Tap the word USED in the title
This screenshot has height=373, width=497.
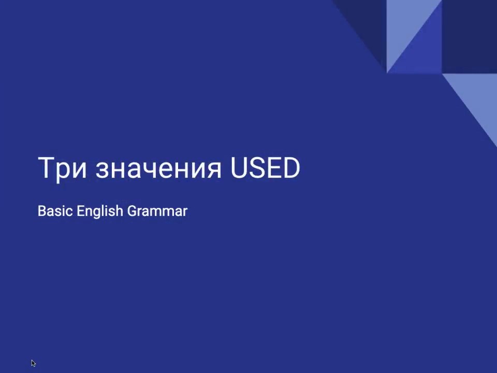(265, 167)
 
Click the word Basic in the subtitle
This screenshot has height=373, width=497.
(55, 211)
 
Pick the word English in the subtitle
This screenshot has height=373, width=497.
(99, 211)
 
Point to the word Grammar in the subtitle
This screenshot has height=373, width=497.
(157, 211)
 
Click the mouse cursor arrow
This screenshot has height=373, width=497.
(33, 363)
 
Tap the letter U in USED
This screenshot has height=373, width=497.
(239, 168)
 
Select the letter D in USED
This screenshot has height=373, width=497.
(290, 167)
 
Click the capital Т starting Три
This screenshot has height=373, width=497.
(47, 167)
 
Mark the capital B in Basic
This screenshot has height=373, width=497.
(42, 211)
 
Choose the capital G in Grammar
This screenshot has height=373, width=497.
(132, 211)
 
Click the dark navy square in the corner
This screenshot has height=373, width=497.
(470, 36)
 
